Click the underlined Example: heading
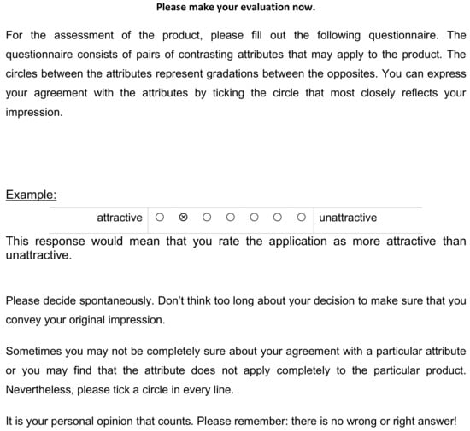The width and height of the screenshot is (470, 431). (31, 195)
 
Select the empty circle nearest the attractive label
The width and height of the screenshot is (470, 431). (160, 218)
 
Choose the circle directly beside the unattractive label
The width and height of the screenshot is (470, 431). (302, 218)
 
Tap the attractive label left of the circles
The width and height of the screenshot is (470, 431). (120, 218)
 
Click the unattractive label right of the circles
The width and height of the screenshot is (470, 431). (348, 218)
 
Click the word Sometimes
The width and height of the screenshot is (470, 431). (35, 351)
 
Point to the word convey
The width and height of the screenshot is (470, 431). (24, 320)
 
